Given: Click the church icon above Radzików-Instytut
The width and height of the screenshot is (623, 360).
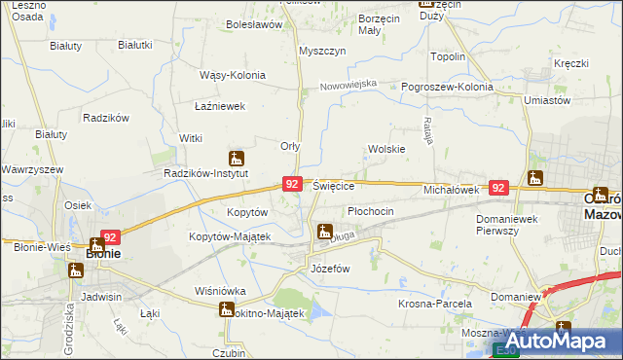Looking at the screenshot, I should tap(236, 158).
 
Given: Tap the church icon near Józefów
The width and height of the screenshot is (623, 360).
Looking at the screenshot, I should tap(324, 232).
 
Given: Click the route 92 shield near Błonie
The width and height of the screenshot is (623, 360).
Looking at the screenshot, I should tap(109, 236).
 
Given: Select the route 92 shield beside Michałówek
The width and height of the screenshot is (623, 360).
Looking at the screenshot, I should tap(498, 188).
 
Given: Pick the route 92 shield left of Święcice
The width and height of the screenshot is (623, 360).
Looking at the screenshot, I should tap(292, 183).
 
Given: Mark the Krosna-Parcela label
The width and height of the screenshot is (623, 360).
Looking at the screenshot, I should tap(430, 304).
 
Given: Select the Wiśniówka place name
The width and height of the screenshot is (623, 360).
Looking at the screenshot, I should tap(220, 291).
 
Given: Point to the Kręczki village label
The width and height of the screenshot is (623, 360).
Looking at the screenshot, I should tap(571, 64).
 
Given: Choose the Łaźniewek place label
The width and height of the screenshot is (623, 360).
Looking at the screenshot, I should tap(218, 106).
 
